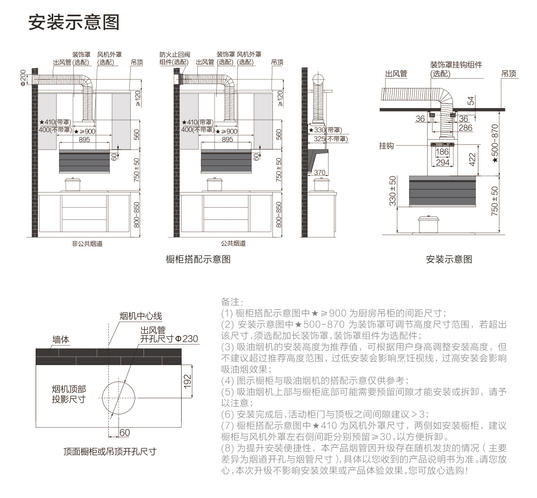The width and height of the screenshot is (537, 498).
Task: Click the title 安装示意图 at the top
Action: pyautogui.click(x=74, y=22)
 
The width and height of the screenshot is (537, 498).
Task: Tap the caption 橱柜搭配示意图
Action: pyautogui.click(x=198, y=259)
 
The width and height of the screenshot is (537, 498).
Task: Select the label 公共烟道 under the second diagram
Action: pyautogui.click(x=233, y=243)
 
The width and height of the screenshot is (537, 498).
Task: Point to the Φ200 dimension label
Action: pyautogui.click(x=23, y=78)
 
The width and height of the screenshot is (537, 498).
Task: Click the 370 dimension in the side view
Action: pyautogui.click(x=319, y=172)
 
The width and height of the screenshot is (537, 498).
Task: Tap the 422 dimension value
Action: pyautogui.click(x=472, y=160)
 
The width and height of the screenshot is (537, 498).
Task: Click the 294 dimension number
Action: pyautogui.click(x=442, y=162)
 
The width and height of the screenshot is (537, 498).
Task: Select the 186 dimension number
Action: pyautogui.click(x=442, y=152)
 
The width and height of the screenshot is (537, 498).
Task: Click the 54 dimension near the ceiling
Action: pyautogui.click(x=471, y=101)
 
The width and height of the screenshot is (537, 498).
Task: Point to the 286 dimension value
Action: pyautogui.click(x=465, y=128)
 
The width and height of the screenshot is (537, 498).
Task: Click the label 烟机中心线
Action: pyautogui.click(x=141, y=316)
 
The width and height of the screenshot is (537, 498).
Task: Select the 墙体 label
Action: pyautogui.click(x=61, y=339)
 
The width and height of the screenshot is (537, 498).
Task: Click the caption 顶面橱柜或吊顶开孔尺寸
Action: pyautogui.click(x=110, y=452)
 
